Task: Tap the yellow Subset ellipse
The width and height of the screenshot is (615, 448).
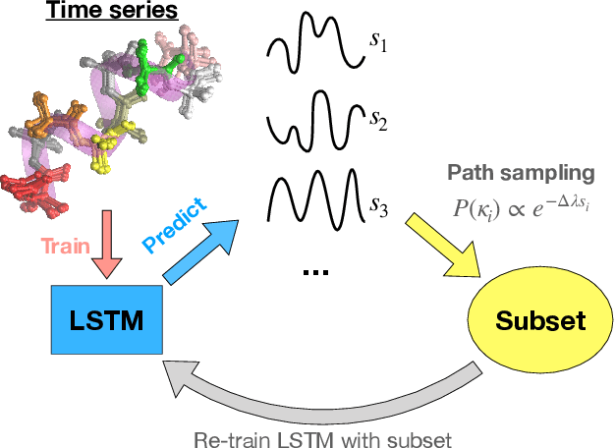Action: click(540, 320)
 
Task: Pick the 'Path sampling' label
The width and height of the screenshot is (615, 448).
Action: click(522, 174)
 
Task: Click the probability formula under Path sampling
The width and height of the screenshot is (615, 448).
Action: click(521, 204)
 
